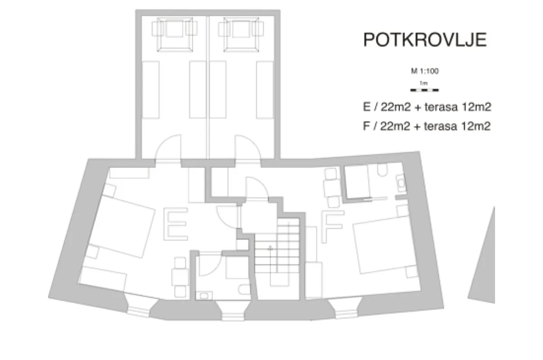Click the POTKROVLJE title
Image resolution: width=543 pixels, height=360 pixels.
tap(425, 40)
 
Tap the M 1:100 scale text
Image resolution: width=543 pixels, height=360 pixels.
tap(425, 71)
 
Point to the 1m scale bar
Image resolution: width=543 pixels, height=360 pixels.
tap(424, 90)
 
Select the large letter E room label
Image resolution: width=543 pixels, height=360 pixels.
tap(176, 224)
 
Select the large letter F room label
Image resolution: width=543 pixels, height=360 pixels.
tap(332, 226)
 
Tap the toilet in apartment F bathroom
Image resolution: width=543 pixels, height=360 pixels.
tap(382, 170)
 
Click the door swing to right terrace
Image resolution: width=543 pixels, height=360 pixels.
tap(248, 147)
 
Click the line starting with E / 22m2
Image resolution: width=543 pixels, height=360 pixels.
tap(427, 107)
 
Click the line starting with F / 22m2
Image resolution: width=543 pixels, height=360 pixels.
tap(427, 126)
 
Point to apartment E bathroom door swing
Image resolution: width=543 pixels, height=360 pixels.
tap(210, 264)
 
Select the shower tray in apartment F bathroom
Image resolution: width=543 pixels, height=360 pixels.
tap(357, 182)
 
